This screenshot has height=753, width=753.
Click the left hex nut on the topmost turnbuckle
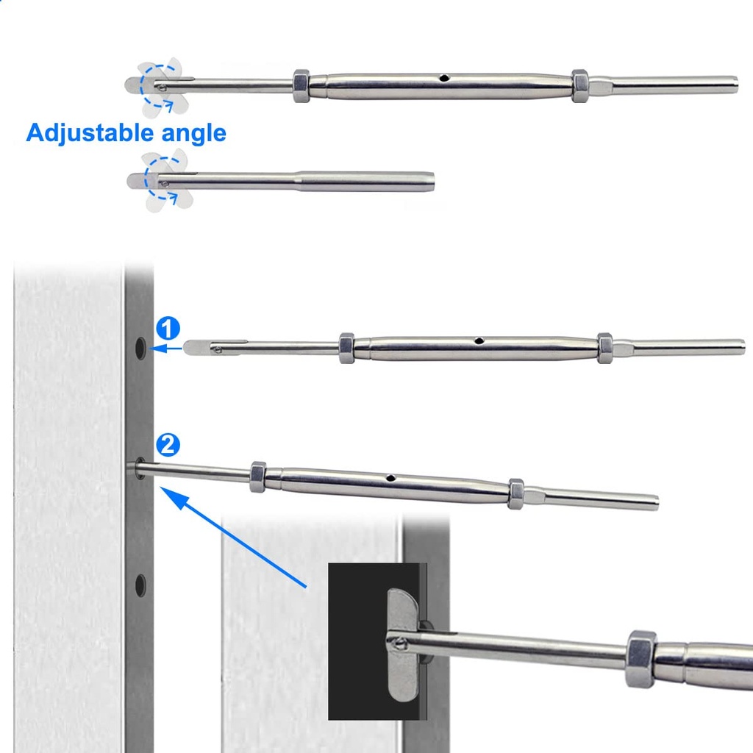pyautogui.click(x=301, y=86)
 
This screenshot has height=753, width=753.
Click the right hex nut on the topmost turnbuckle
pyautogui.click(x=579, y=86)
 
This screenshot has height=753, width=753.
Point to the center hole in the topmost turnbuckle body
pyautogui.click(x=444, y=78)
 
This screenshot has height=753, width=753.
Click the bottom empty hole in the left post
pyautogui.click(x=140, y=585)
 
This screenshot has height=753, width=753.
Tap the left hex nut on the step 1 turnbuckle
pyautogui.click(x=346, y=348)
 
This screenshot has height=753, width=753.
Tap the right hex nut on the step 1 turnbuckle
pyautogui.click(x=604, y=348)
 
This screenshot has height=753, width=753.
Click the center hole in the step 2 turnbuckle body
pyautogui.click(x=391, y=477)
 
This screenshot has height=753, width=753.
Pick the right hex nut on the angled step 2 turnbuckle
pyautogui.click(x=515, y=493)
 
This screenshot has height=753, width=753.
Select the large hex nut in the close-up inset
pyautogui.click(x=640, y=659)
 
